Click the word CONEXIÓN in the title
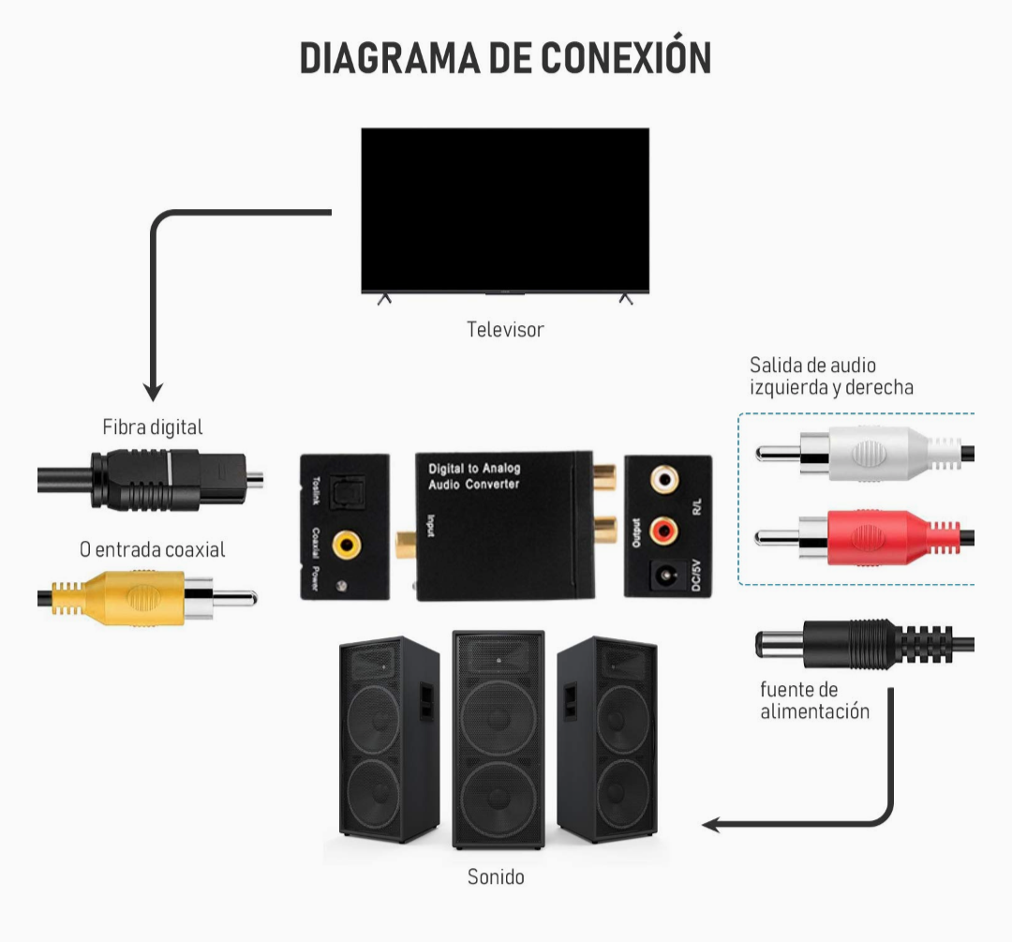[614, 57]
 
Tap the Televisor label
[505, 330]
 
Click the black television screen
[505, 209]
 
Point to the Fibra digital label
[152, 427]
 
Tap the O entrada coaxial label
[152, 550]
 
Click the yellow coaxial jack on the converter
[349, 543]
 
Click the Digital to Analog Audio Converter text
[474, 475]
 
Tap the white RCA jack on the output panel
[665, 479]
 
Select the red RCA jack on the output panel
[665, 531]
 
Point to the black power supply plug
[843, 645]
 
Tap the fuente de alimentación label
[814, 701]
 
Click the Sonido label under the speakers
[496, 877]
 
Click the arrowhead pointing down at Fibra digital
[153, 392]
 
